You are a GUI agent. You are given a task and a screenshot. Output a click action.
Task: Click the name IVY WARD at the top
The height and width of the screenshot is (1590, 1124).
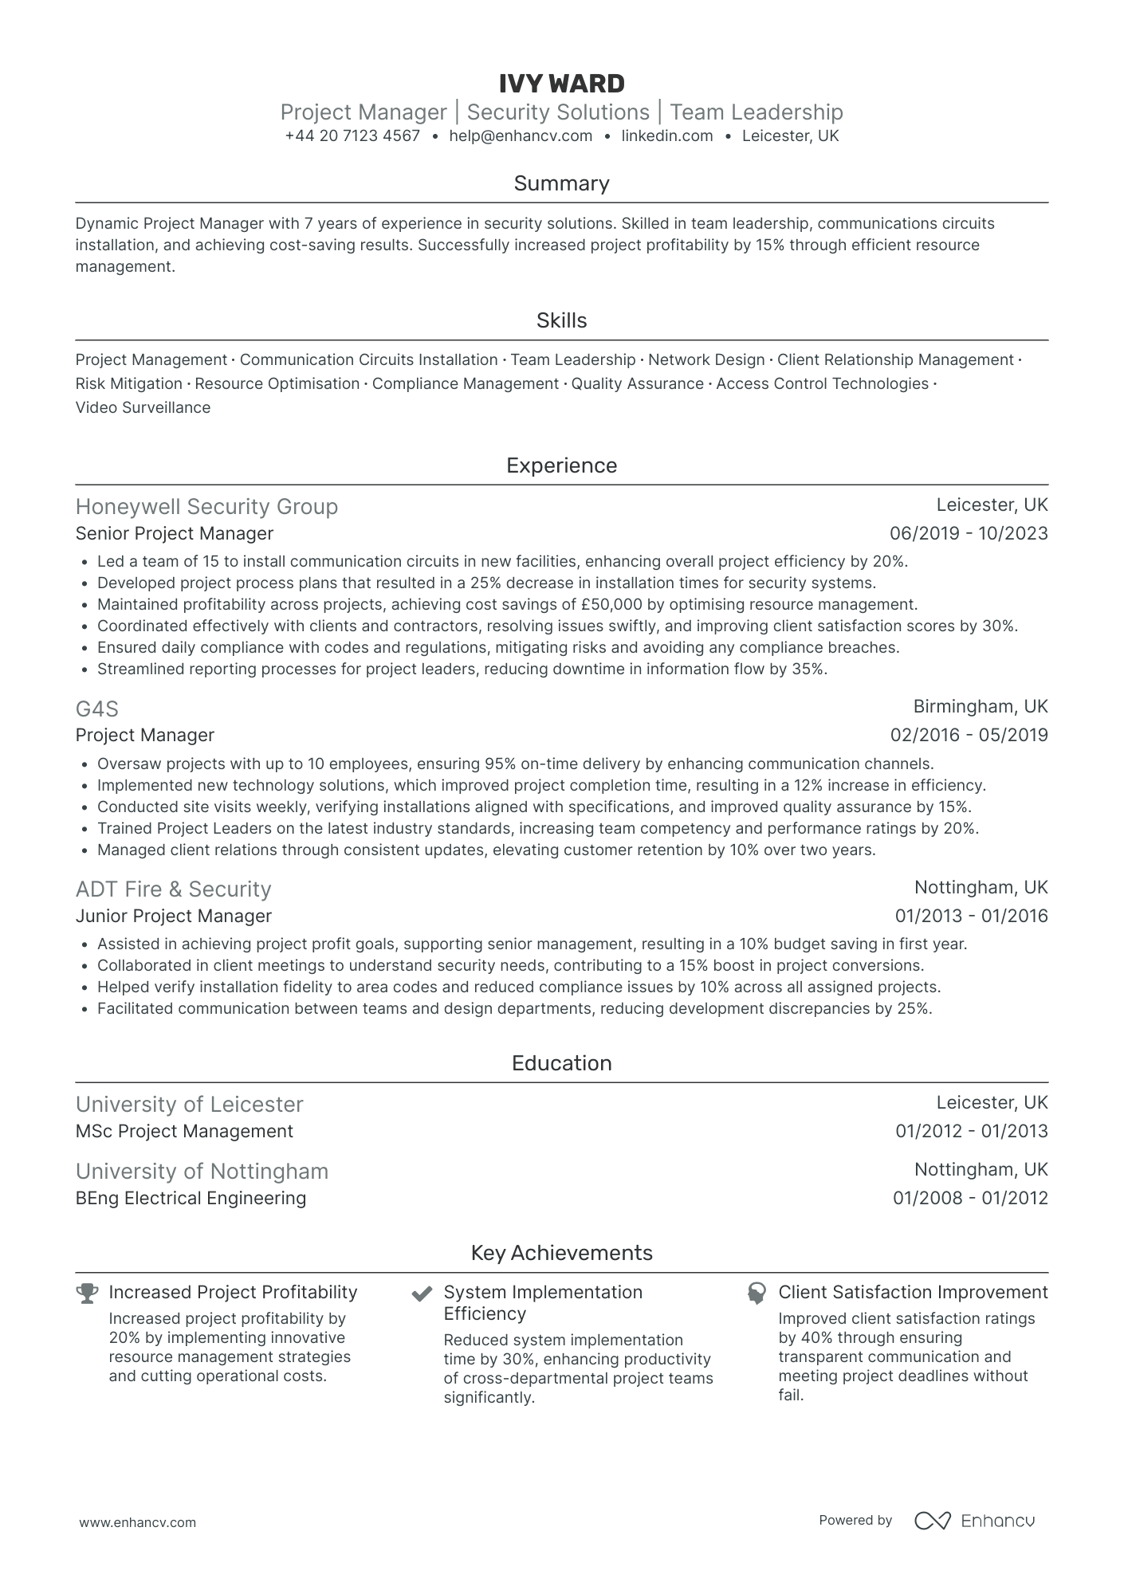[x=561, y=84]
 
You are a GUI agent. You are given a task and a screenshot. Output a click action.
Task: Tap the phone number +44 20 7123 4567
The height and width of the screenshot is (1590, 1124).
[x=352, y=136]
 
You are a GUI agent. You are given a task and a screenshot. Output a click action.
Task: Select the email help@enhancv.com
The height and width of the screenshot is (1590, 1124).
[x=521, y=136]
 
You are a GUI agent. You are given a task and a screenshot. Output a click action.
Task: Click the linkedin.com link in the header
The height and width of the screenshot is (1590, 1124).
[x=666, y=136]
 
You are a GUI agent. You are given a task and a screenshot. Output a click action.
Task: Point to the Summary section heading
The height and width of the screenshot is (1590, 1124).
[x=561, y=183]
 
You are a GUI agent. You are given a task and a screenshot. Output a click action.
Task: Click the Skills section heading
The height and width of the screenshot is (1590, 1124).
[x=561, y=320]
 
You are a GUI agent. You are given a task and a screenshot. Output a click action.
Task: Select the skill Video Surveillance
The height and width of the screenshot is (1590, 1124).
[x=143, y=408]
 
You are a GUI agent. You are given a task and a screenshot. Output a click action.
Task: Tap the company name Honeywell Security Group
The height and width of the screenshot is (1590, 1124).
[x=206, y=507]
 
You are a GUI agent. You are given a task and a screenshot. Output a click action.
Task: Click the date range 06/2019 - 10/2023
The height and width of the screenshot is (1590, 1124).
[x=968, y=534]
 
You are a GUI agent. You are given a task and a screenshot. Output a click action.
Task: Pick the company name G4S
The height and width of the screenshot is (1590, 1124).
[x=97, y=709]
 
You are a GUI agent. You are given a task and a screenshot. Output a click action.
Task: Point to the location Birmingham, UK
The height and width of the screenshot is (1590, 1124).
[x=980, y=707]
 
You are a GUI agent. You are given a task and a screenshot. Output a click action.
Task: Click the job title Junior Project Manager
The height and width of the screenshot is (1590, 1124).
[x=174, y=917]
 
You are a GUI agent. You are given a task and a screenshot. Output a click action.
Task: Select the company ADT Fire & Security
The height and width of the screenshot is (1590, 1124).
[x=173, y=889]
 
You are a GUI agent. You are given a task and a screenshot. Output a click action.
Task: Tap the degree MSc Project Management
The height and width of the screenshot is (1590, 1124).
[x=184, y=1132]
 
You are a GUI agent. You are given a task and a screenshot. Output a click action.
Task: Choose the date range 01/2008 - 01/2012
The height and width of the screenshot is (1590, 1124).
[x=970, y=1199]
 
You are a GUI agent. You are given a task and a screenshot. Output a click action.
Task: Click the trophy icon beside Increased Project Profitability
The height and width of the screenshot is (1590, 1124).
[x=87, y=1293]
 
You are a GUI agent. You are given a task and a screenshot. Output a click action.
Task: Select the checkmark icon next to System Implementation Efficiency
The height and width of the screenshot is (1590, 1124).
[x=422, y=1293]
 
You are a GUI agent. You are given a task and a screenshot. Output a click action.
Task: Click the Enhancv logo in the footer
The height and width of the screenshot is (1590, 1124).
[x=974, y=1521]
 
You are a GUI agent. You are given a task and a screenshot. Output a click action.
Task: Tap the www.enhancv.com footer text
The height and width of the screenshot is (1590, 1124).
[x=137, y=1522]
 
